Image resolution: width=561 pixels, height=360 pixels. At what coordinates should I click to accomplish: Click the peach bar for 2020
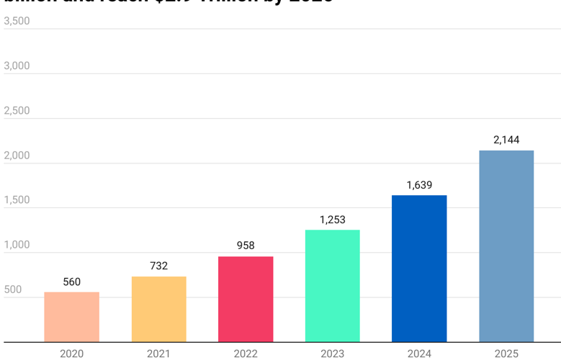tap(71, 317)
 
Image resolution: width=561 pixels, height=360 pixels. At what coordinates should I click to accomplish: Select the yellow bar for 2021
tap(158, 309)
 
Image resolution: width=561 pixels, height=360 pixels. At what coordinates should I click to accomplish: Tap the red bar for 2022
tap(246, 299)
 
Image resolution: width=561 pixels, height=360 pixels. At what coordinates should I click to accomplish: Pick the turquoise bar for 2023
tap(332, 286)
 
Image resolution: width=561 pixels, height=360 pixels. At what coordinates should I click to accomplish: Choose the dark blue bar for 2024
tap(419, 269)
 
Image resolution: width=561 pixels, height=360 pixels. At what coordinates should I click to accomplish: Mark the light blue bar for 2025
tap(506, 246)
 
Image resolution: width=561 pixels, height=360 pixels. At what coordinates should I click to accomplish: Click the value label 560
tap(71, 282)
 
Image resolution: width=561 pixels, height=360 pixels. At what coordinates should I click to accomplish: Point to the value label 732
tap(158, 266)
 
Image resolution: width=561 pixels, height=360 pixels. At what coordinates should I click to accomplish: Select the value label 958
tap(246, 246)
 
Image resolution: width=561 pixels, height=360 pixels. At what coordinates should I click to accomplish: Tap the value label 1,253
tap(332, 220)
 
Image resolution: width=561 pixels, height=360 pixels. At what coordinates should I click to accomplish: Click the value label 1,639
tap(419, 185)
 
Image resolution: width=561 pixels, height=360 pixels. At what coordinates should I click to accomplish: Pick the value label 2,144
tap(506, 140)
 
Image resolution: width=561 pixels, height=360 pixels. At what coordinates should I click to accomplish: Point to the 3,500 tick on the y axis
tap(17, 21)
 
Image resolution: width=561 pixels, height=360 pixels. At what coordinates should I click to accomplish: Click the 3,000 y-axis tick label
tap(17, 66)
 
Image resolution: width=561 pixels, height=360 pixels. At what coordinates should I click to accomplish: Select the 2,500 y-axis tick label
tap(17, 110)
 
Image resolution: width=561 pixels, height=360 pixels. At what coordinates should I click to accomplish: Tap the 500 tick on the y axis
tap(13, 289)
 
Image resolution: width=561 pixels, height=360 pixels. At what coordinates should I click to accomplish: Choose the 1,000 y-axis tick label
tap(17, 245)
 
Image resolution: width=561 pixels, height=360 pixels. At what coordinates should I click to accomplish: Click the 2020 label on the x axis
tap(71, 354)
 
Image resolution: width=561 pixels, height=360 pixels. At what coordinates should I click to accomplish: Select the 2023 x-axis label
tap(332, 354)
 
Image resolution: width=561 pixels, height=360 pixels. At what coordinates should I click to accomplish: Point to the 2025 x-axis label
tap(506, 354)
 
